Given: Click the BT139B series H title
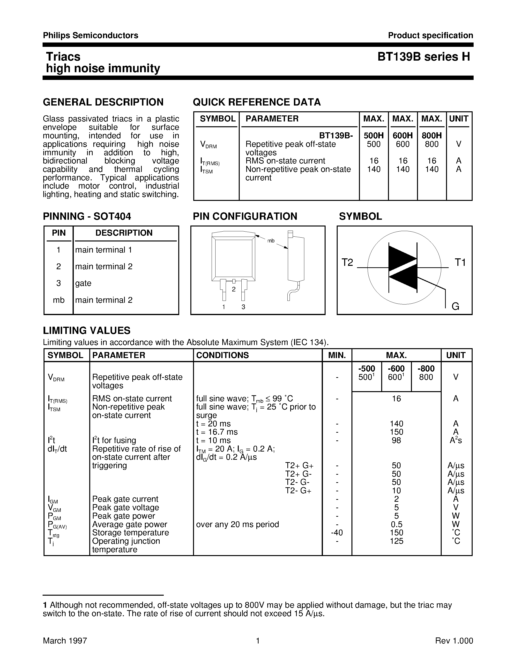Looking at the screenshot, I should pyautogui.click(x=424, y=57).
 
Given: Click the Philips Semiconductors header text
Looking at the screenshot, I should pyautogui.click(x=90, y=35).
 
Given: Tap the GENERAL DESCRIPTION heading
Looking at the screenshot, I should pyautogui.click(x=103, y=102).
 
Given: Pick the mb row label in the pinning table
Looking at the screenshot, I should pyautogui.click(x=59, y=300).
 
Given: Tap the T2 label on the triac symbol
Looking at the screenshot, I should pyautogui.click(x=347, y=262).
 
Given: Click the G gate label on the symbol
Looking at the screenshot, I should pyautogui.click(x=455, y=306).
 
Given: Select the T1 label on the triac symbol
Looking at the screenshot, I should pyautogui.click(x=460, y=262).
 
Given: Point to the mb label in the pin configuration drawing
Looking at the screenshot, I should pyautogui.click(x=271, y=241).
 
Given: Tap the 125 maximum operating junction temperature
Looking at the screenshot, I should pyautogui.click(x=396, y=541).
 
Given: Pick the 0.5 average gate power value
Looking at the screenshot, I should pyautogui.click(x=396, y=524).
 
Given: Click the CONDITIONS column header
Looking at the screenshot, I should pyautogui.click(x=222, y=355).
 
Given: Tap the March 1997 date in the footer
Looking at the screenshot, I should pyautogui.click(x=65, y=641).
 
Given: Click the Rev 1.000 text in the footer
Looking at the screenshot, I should pyautogui.click(x=454, y=641).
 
